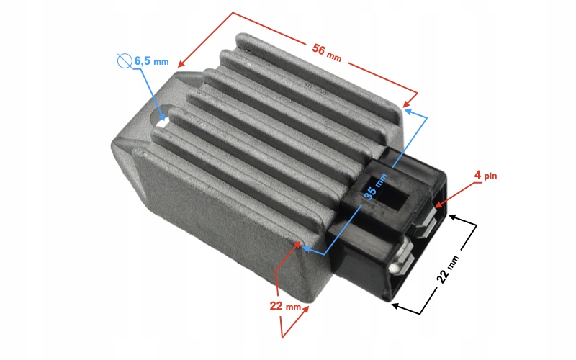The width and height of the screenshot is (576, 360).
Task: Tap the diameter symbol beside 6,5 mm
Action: pyautogui.click(x=123, y=60)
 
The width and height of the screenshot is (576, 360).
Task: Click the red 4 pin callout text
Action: pyautogui.click(x=487, y=175)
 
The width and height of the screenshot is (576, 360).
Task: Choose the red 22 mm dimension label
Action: pyautogui.click(x=286, y=305)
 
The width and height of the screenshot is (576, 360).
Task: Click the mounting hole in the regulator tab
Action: pyautogui.click(x=163, y=120)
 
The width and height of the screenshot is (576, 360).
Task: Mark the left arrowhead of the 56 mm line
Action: pyautogui.click(x=181, y=64)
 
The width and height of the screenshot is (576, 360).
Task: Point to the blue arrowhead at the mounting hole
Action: pyautogui.click(x=165, y=116)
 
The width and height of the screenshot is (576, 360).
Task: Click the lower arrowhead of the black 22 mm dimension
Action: pyautogui.click(x=395, y=305)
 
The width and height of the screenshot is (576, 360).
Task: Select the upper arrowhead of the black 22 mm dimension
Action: pyautogui.click(x=451, y=215)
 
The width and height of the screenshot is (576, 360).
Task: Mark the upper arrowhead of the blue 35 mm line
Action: pyautogui.click(x=408, y=111)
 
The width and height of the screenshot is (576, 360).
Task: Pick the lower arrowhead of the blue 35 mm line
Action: pyautogui.click(x=305, y=249)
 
